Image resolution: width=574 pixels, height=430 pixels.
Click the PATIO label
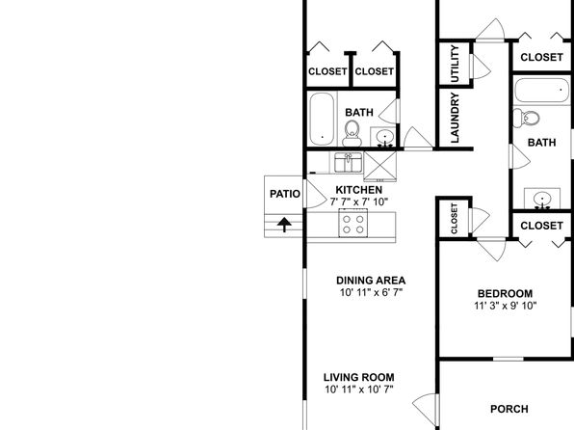[x=285, y=194]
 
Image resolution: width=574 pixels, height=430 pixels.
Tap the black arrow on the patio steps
[x=284, y=225]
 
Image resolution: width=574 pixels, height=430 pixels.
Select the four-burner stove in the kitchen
[x=353, y=223]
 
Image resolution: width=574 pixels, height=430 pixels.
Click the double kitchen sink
[x=348, y=162]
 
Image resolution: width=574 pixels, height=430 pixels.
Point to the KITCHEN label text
[x=358, y=190]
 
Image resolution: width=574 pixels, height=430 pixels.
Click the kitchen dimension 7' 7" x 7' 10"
[x=358, y=202]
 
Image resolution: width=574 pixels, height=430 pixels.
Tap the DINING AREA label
[x=371, y=281]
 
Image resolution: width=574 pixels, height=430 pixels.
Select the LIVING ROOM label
[x=358, y=377]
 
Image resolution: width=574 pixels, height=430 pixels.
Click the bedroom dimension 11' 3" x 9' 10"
[x=506, y=306]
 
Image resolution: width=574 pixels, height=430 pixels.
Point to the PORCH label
[x=509, y=409]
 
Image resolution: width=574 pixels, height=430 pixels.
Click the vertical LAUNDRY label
[x=455, y=118]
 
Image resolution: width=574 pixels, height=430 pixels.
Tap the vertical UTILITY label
[x=455, y=64]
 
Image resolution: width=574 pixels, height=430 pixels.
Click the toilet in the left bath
[x=352, y=133]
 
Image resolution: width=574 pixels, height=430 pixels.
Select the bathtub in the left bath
[x=322, y=120]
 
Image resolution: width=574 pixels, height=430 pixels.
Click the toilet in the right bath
[x=526, y=118]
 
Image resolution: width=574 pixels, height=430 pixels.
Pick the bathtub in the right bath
[x=542, y=91]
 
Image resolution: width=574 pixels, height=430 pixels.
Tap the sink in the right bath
[x=542, y=199]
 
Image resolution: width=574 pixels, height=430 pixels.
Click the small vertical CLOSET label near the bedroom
[x=455, y=219]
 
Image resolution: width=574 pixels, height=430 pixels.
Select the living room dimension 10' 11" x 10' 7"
[x=358, y=390]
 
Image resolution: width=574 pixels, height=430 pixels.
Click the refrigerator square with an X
[x=379, y=167]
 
